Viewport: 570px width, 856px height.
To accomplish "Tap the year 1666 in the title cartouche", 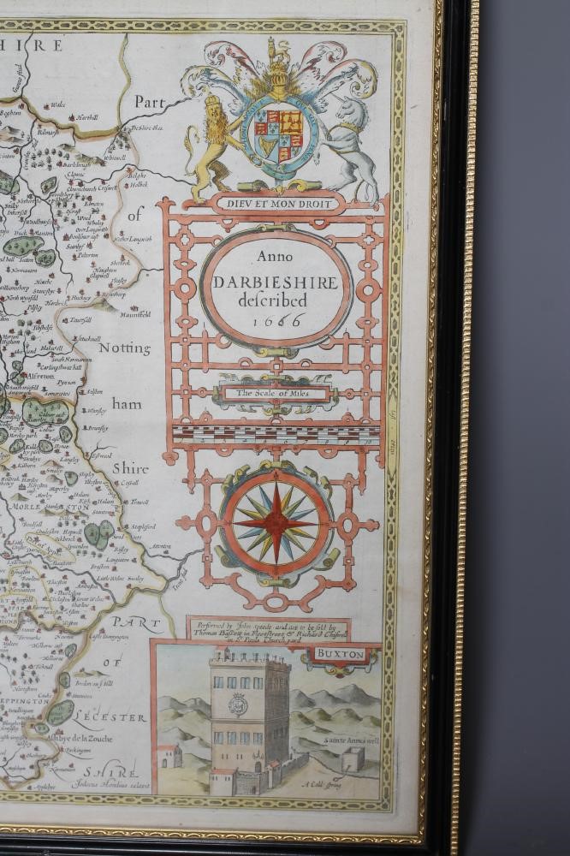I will coord(279,319).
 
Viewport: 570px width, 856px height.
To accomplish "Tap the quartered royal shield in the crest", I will coord(279,134).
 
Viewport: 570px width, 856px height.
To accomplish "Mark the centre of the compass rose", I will coord(276,521).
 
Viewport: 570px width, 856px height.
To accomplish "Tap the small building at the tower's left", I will coord(169,756).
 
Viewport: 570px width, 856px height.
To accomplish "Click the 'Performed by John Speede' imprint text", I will coord(267,630).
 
